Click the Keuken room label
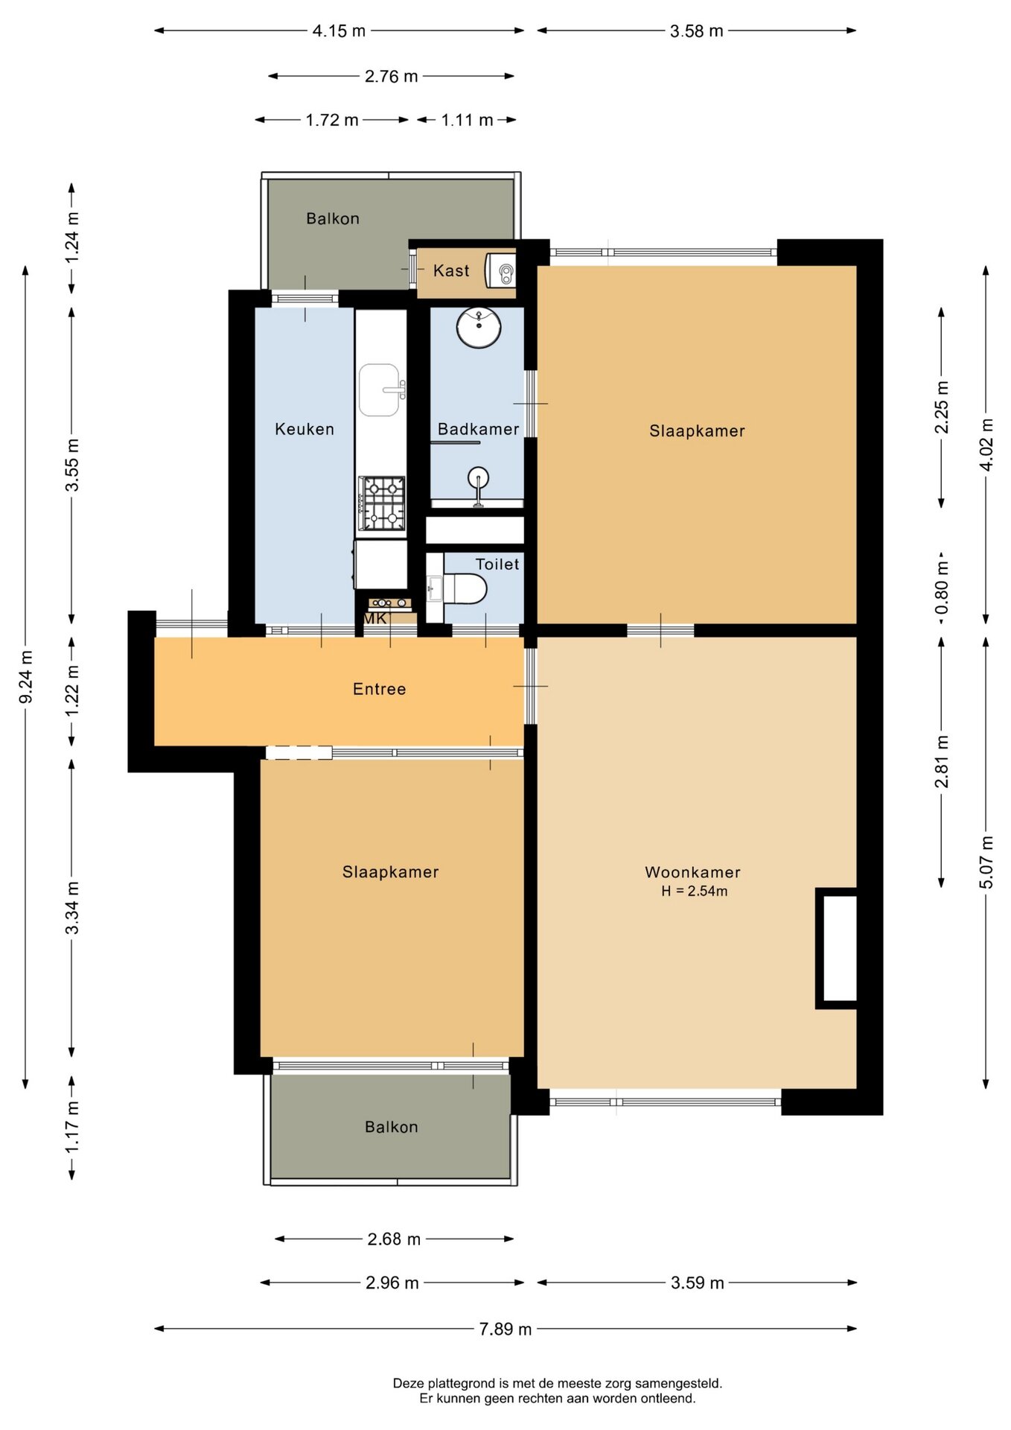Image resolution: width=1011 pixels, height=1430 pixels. tap(304, 429)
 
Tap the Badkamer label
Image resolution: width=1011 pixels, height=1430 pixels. tap(478, 429)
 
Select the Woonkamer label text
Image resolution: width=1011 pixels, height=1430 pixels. tap(692, 872)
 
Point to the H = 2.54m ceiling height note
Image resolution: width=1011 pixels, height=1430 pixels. tap(695, 891)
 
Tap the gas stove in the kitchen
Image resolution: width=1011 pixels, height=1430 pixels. tap(383, 503)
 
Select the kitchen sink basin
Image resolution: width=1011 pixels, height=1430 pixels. tap(380, 390)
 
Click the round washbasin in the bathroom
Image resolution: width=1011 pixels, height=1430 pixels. tap(479, 328)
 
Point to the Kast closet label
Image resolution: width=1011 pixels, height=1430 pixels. tap(451, 271)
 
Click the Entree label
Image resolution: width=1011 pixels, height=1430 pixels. tap(380, 689)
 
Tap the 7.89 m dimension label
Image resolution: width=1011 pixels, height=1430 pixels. tap(505, 1329)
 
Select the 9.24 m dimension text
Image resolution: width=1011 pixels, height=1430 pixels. tap(26, 676)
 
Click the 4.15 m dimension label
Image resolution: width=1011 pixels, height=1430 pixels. tap(339, 31)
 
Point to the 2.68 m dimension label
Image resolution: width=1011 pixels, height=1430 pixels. tap(394, 1239)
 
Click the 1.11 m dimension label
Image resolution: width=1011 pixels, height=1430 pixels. tap(467, 120)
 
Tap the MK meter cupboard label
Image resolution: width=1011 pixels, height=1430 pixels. tap(375, 619)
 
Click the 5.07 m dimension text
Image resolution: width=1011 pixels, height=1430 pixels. tap(986, 862)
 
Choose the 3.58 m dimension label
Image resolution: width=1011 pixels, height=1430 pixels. tap(696, 31)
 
